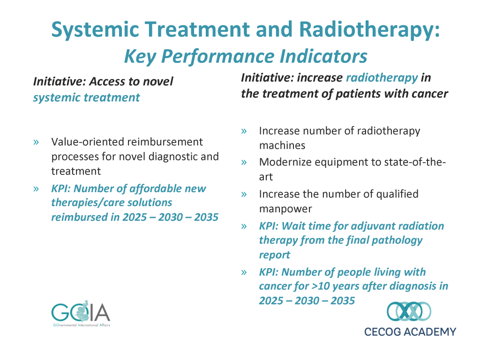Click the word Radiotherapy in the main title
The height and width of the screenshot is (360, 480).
tap(369, 30)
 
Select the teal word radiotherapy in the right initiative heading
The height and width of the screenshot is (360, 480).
tap(382, 78)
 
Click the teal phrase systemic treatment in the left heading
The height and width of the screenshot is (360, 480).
tap(86, 97)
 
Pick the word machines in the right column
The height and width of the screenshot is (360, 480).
tap(282, 145)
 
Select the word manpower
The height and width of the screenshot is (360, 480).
tap(285, 209)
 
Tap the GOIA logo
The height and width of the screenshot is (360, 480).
tap(81, 313)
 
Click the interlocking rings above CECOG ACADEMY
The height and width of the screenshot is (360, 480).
tap(409, 311)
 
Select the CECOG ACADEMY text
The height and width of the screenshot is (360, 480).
tap(410, 332)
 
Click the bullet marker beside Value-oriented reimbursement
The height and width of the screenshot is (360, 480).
tap(36, 142)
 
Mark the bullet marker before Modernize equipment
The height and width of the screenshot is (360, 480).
tap(244, 163)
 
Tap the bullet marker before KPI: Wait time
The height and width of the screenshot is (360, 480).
tap(244, 226)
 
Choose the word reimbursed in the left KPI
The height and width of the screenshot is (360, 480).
tap(80, 217)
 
